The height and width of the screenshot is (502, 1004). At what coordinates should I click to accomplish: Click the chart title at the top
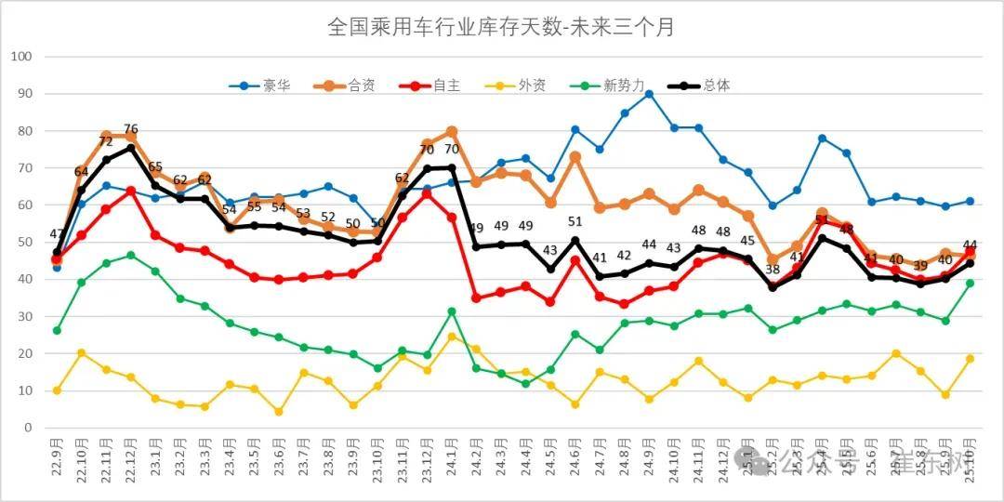pos(501,27)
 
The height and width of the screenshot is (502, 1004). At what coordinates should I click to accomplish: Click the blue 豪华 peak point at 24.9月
pos(649,94)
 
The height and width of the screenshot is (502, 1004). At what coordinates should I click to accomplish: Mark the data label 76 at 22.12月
pos(131,129)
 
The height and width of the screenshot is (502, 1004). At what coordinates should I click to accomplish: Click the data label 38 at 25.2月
pos(773,271)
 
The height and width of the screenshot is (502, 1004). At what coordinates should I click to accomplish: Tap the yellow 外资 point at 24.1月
pos(452,337)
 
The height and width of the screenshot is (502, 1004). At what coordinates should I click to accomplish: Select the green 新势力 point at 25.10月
pos(970,284)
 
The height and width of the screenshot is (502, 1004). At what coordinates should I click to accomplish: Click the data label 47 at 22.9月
pos(57,234)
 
